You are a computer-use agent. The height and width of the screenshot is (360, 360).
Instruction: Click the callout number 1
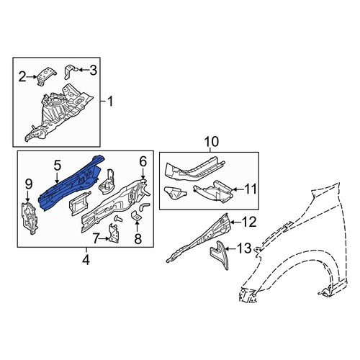(110, 102)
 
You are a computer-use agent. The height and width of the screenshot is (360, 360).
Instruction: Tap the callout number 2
(22, 77)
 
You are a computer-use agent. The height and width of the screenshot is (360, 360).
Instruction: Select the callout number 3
(93, 70)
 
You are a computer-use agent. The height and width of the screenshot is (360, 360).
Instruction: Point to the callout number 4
(86, 260)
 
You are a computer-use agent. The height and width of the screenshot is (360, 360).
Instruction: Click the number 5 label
(57, 166)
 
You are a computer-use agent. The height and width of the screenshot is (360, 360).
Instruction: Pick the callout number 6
(143, 162)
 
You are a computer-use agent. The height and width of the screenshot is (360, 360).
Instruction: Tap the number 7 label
(96, 238)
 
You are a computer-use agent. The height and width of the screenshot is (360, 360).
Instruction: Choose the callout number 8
(138, 239)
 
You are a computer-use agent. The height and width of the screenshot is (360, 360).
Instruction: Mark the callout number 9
(28, 184)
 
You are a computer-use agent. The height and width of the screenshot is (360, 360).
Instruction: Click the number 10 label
(212, 141)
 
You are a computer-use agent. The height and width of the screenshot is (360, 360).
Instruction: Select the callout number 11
(251, 189)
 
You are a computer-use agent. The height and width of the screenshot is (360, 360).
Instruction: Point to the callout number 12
(250, 222)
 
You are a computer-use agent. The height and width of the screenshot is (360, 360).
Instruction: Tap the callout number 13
(244, 248)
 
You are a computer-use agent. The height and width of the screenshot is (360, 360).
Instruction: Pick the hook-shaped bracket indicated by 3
(70, 71)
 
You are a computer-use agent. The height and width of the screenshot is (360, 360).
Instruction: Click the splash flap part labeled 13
(220, 254)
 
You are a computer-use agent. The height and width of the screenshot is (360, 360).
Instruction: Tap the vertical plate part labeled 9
(30, 217)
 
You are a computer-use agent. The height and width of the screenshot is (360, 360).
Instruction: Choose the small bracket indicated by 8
(136, 215)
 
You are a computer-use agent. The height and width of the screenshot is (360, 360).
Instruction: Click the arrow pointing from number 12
(236, 222)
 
